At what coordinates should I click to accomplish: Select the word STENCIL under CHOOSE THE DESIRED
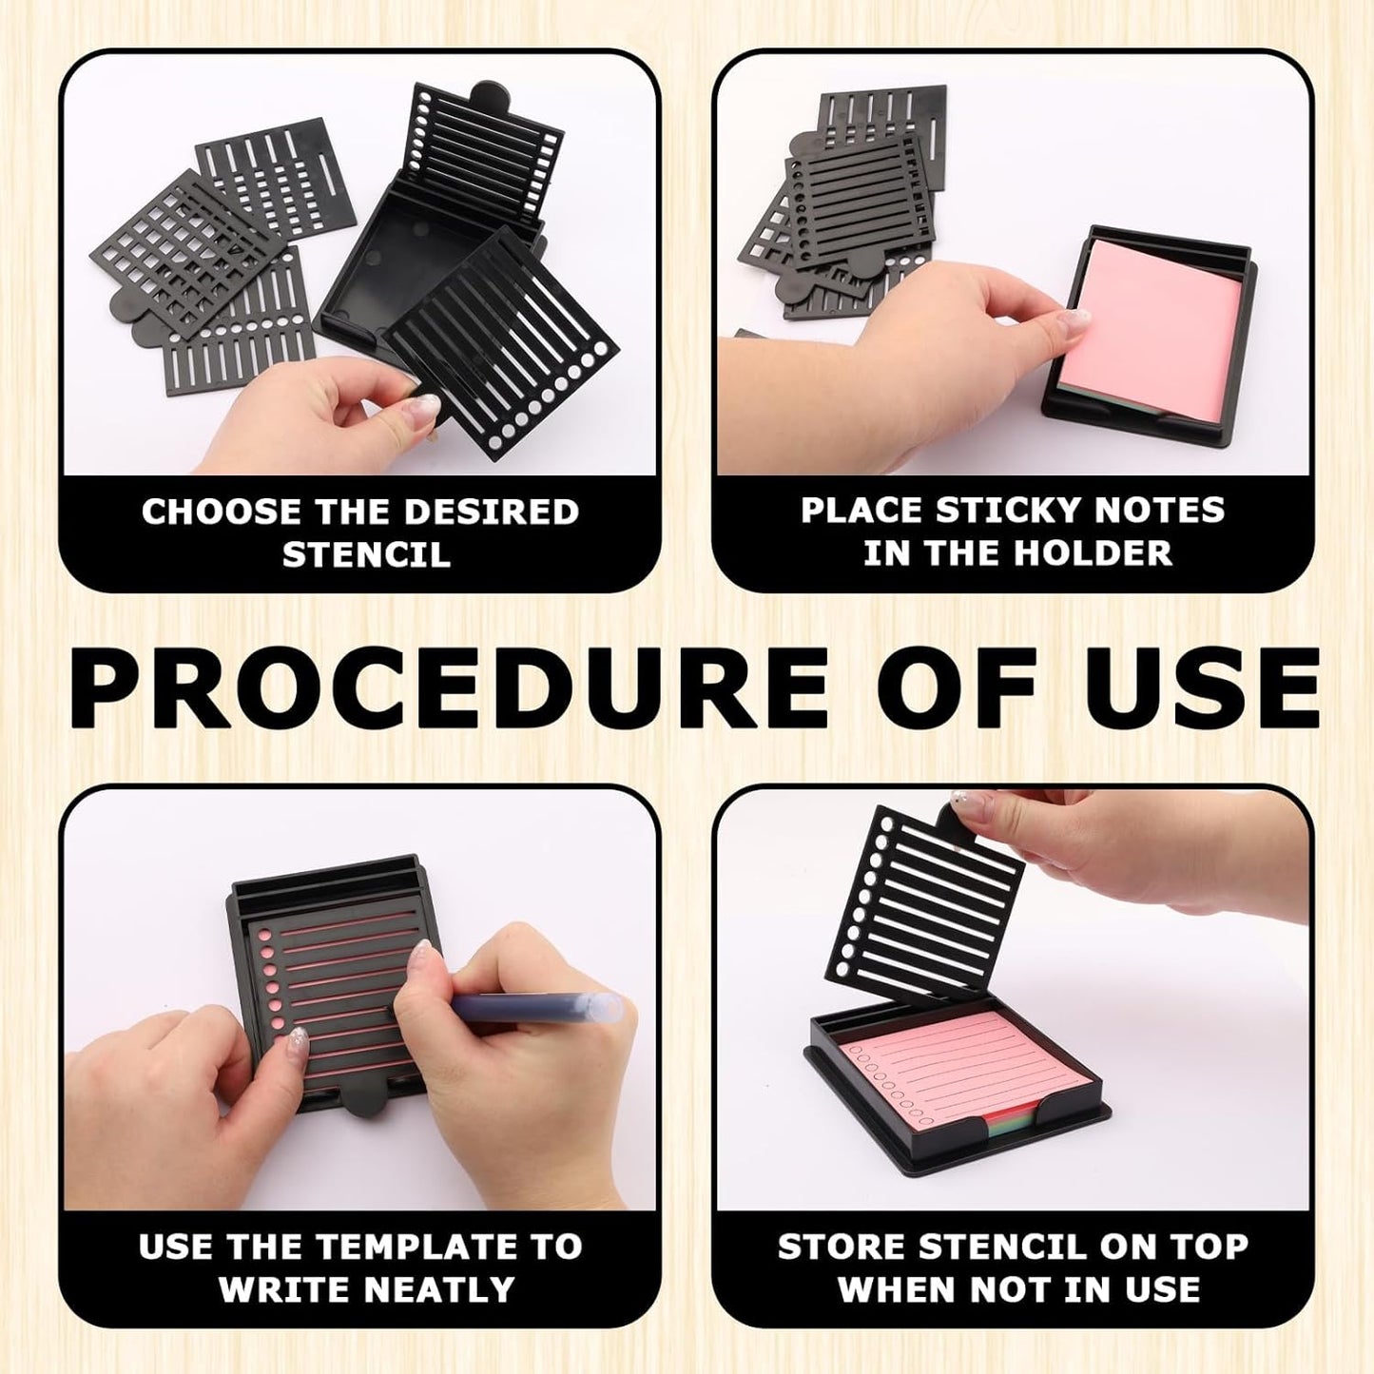point(366,554)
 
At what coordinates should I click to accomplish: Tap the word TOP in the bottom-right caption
point(1209,1247)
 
